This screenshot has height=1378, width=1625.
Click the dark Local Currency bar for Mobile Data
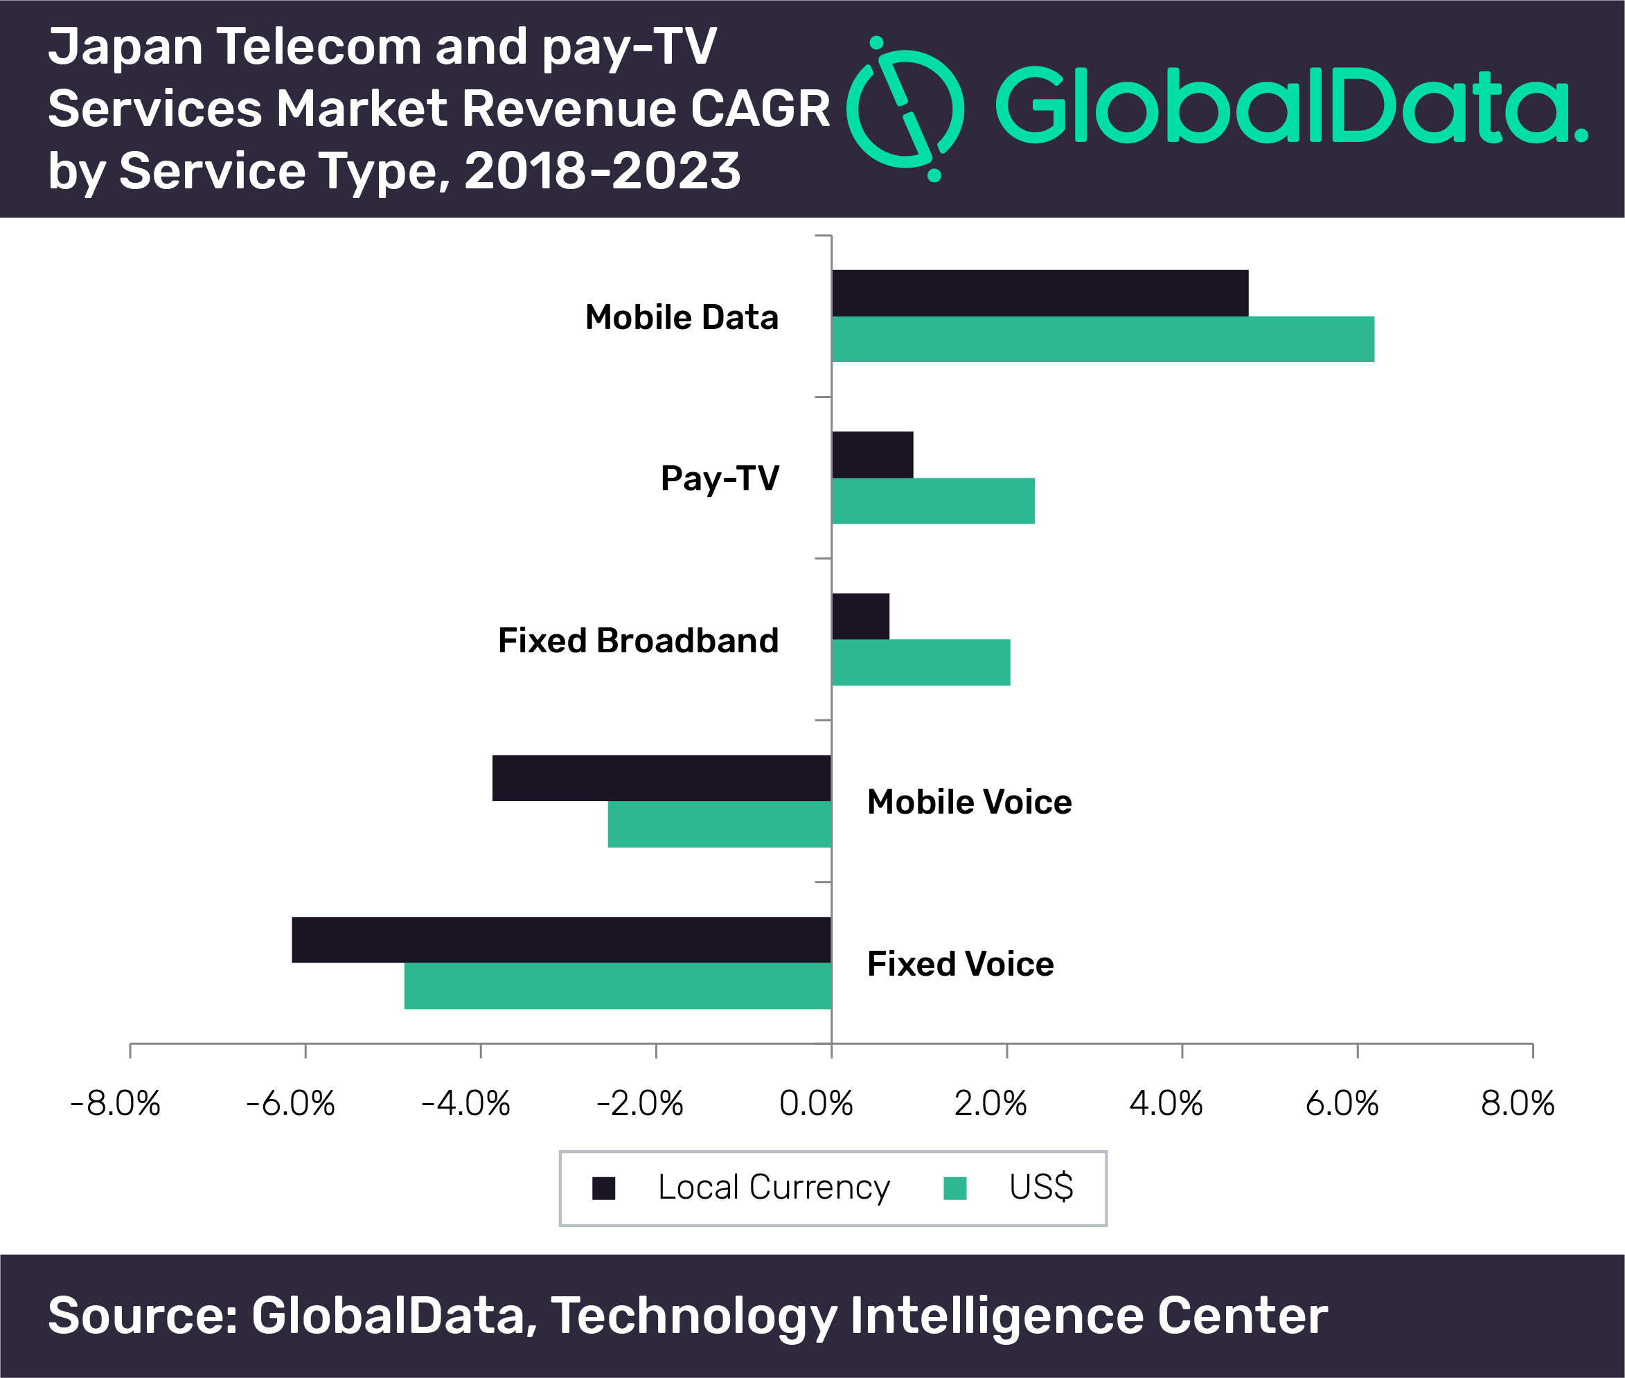coord(1039,293)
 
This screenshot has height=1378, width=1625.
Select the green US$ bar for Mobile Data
coord(1102,339)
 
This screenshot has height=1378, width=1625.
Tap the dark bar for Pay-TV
coord(872,455)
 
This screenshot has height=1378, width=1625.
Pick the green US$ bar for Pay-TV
coord(933,501)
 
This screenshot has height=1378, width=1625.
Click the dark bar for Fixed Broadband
coord(860,616)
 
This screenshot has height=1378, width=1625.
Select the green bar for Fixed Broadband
coord(921,663)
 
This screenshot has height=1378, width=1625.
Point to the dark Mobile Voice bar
coord(661,778)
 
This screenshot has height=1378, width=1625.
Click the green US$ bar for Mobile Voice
coord(719,824)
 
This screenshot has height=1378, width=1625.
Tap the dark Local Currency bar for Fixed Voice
coord(561,940)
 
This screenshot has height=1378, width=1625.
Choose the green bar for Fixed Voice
coord(617,986)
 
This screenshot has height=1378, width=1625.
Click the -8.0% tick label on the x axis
coord(115,1104)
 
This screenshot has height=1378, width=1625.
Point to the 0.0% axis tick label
coord(816,1104)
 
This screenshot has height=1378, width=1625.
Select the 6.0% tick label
coord(1342,1104)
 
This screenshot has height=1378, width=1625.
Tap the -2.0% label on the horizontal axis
coord(640,1104)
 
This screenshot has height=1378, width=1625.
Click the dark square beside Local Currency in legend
coord(603,1188)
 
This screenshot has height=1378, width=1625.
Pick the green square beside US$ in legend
coord(954,1188)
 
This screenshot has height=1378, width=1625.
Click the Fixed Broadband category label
coord(638,641)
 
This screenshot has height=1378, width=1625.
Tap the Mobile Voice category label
coord(969,803)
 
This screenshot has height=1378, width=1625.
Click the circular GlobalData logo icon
coord(905,109)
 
